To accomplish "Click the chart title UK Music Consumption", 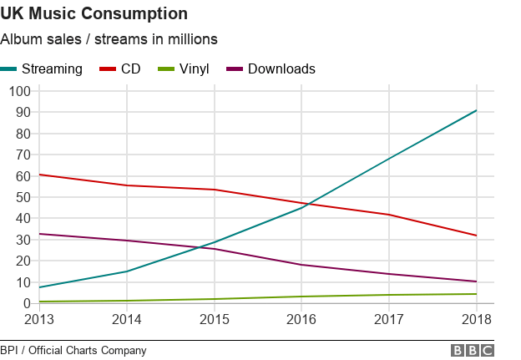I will point(94,14).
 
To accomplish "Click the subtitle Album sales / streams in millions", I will point(109,39).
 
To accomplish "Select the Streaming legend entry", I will point(52,68).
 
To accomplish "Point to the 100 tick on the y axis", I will point(16,90).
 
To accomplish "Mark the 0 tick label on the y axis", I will point(23,303).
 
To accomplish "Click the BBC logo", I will point(472,351).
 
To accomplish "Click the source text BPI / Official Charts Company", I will point(73,351).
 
